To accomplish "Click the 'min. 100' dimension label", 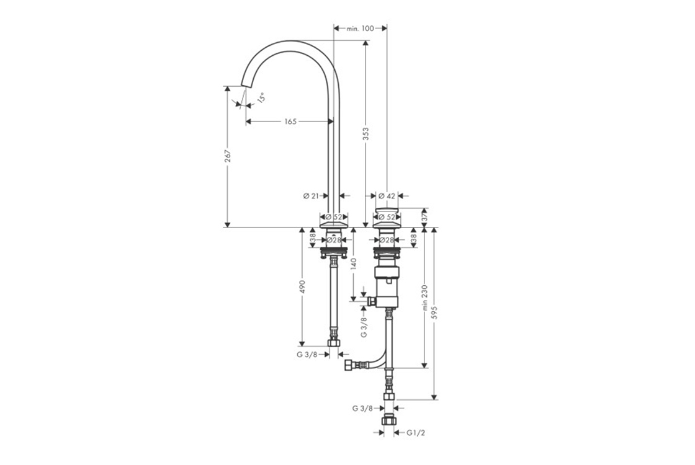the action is pyautogui.click(x=360, y=29).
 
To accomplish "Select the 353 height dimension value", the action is pyautogui.click(x=366, y=133).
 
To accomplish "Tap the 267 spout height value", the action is pyautogui.click(x=227, y=156).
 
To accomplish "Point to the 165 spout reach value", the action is pyautogui.click(x=290, y=122).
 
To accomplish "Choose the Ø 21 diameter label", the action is pyautogui.click(x=311, y=196).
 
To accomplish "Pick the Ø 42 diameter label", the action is pyautogui.click(x=387, y=196).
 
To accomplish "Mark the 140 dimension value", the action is pyautogui.click(x=353, y=264).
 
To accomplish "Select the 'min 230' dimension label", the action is pyautogui.click(x=424, y=298).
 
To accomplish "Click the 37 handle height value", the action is pyautogui.click(x=424, y=218).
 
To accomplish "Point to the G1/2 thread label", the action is pyautogui.click(x=416, y=433).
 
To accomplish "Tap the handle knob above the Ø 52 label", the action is pyautogui.click(x=387, y=210).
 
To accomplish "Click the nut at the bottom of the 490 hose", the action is pyautogui.click(x=334, y=343).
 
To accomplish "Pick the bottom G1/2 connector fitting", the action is pyautogui.click(x=388, y=419).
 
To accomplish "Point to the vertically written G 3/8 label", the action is pyautogui.click(x=364, y=327).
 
